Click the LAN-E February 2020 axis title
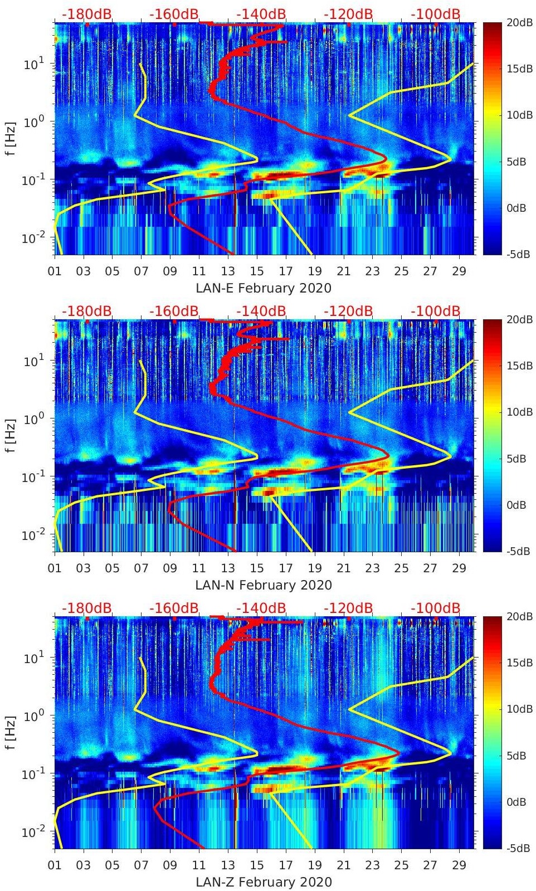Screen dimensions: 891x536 tap(264, 288)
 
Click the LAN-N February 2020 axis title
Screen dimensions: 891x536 tap(264, 585)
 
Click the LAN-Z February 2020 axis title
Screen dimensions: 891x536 tap(264, 882)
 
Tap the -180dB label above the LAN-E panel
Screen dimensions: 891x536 tap(86, 14)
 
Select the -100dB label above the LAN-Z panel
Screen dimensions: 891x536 tap(435, 608)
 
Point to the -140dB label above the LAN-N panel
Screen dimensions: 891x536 tap(261, 311)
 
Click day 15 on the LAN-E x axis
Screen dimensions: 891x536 tap(257, 271)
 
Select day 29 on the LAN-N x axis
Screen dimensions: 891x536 tap(459, 568)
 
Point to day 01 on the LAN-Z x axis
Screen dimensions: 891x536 tap(55, 865)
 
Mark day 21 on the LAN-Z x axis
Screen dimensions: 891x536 tap(344, 865)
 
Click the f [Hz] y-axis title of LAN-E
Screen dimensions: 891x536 tap(11, 138)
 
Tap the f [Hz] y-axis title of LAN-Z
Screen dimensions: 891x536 tap(11, 732)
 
